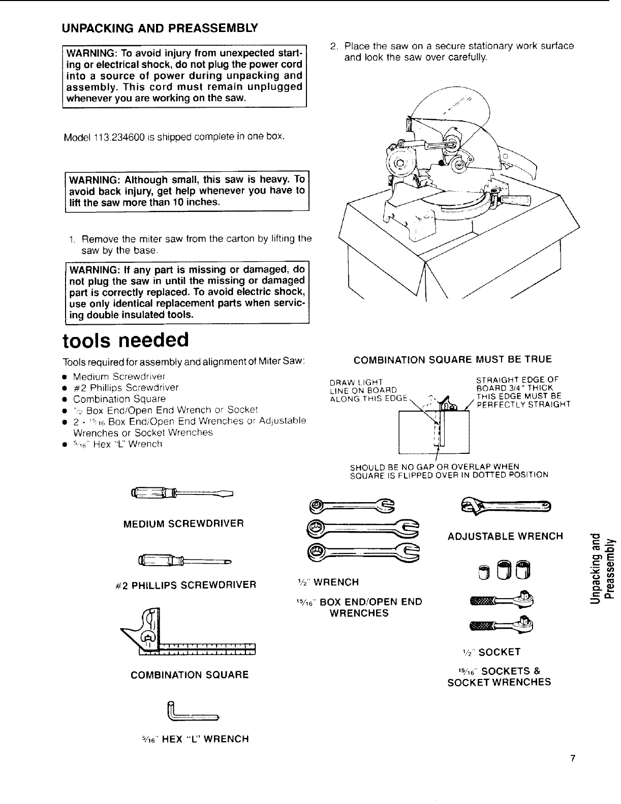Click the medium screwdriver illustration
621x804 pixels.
click(x=181, y=492)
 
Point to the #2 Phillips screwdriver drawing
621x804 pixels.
click(x=183, y=561)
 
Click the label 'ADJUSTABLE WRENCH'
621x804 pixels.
click(x=505, y=536)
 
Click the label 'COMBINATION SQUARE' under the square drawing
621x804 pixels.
click(x=190, y=675)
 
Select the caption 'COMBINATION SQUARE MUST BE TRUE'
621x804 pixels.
click(x=452, y=360)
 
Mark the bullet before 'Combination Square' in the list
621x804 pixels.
click(x=65, y=399)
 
